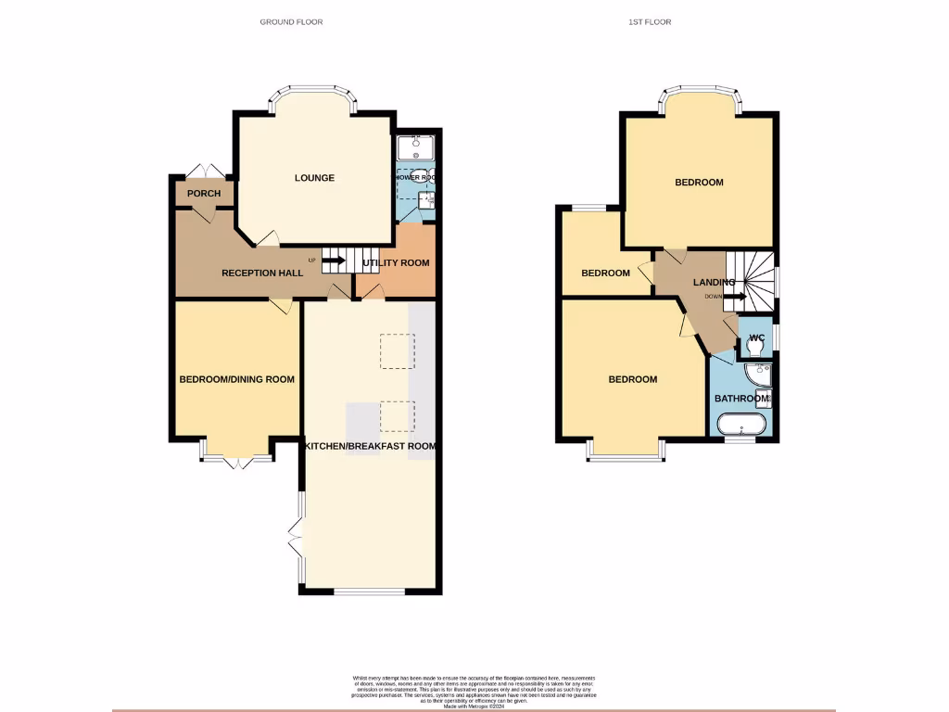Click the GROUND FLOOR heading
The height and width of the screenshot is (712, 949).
pos(291,21)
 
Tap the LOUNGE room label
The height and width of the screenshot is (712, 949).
pos(314,178)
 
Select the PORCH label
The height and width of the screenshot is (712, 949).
pos(204,193)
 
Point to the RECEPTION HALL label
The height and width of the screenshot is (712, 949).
pos(262,273)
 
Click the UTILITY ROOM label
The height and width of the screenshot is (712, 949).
pos(396,263)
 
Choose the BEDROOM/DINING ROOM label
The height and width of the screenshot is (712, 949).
pos(236,379)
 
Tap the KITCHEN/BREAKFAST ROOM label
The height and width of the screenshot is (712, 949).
pos(370,446)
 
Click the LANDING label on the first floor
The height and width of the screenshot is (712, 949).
pos(715,283)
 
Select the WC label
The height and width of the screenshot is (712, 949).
pos(755,337)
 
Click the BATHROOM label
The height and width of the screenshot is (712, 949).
pos(742,399)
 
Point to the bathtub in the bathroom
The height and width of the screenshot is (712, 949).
pos(743,426)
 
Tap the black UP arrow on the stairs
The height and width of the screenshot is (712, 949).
pos(333,261)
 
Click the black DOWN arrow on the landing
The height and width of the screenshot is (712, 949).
pos(734,297)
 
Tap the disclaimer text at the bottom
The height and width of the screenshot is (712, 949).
pos(474,691)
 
